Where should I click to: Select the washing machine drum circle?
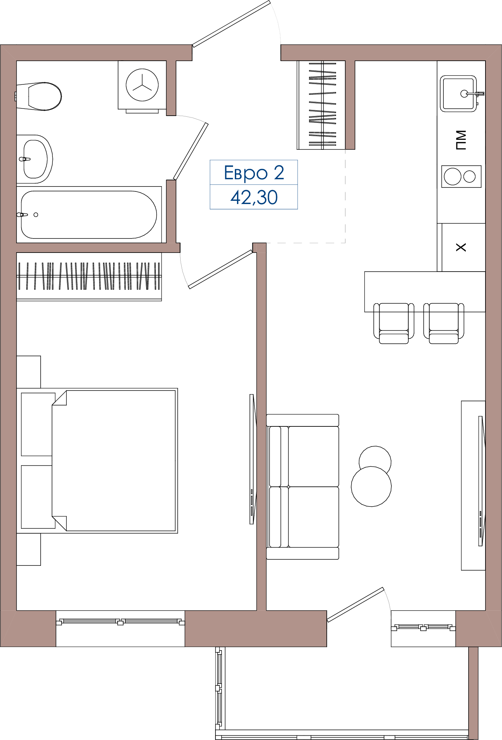142,85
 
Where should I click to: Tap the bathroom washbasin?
35,159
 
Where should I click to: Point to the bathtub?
89,215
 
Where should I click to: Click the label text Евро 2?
254,173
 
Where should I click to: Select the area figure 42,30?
254,197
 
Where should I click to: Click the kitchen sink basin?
459,94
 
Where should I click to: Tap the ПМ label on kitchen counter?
461,140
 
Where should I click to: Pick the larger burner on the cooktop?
452,176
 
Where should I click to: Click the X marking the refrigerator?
461,247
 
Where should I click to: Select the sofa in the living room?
303,487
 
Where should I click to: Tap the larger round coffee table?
371,486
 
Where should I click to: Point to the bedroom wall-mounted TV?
252,459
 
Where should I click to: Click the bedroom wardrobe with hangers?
89,277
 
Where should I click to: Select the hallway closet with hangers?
321,105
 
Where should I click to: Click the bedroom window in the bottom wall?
120,622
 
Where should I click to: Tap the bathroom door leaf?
191,151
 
